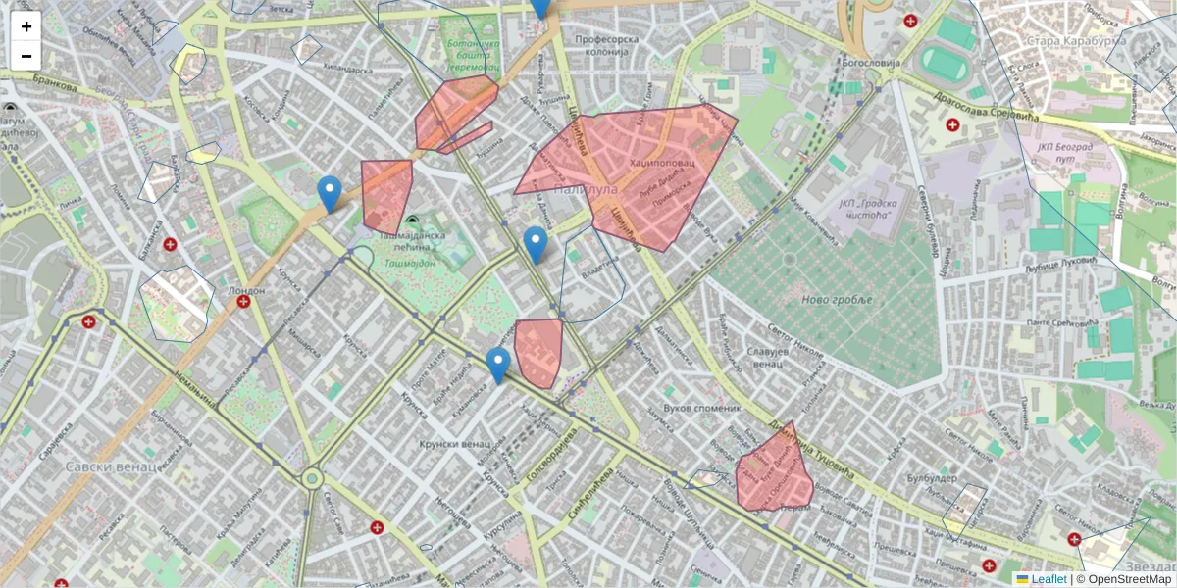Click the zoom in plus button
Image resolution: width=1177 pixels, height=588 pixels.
[x=26, y=26]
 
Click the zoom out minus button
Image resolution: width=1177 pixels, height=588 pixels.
[x=26, y=56]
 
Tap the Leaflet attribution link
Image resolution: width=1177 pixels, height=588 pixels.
[x=1049, y=579]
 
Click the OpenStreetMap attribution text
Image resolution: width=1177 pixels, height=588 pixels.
[x=1129, y=579]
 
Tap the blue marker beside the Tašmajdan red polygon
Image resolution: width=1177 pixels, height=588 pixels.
[x=330, y=194]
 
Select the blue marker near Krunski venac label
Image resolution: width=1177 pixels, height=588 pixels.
[x=498, y=366]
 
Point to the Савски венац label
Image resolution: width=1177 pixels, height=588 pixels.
[x=111, y=466]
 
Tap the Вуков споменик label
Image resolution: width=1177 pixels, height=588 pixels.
[x=701, y=407]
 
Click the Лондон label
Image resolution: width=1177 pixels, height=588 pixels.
[x=246, y=290]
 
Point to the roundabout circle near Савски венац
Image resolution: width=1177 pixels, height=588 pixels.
[x=312, y=479]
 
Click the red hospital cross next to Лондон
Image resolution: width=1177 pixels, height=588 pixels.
[x=243, y=302]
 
